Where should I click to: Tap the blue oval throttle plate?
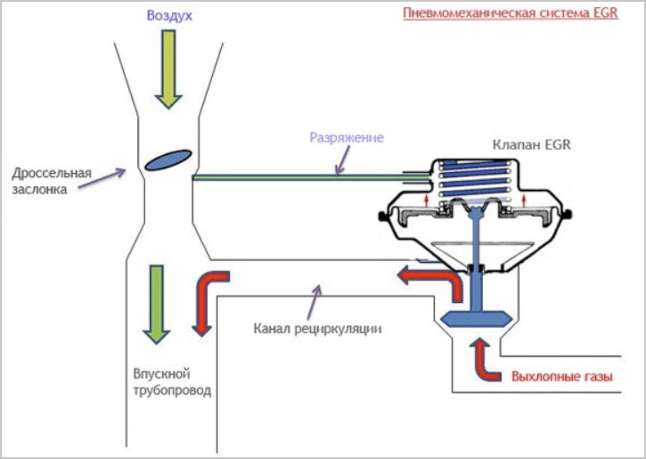(168, 160)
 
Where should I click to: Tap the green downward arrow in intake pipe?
(157, 304)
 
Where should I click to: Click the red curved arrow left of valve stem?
(432, 279)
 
